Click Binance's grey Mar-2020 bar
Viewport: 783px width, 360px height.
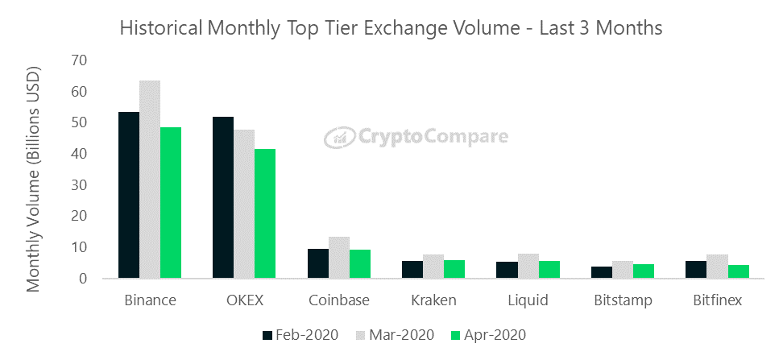(x=150, y=180)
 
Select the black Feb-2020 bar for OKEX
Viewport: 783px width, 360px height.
(x=223, y=197)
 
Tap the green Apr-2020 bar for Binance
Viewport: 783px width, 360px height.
(x=171, y=203)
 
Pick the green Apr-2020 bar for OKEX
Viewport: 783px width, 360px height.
(x=265, y=213)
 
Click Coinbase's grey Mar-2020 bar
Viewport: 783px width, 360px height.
(x=339, y=257)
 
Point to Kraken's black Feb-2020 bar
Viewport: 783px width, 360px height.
(x=412, y=270)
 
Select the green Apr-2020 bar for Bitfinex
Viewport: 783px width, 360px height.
(x=739, y=271)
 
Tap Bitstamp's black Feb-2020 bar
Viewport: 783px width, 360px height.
(x=602, y=272)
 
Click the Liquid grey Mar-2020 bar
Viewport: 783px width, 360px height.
(x=528, y=266)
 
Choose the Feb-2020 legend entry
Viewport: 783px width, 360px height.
(x=300, y=334)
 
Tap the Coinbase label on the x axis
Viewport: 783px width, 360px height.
(x=339, y=300)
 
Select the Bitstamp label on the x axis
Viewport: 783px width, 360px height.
(x=623, y=300)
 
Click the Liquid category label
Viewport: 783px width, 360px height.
(x=528, y=300)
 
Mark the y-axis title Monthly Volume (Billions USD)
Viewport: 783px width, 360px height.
(x=33, y=178)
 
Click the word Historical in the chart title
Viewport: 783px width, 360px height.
(x=159, y=28)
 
